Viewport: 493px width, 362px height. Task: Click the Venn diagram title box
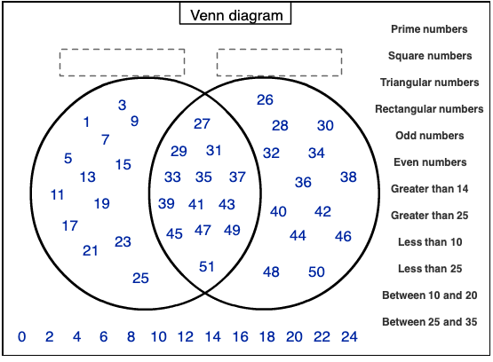235,13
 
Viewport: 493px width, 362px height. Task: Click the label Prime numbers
429,29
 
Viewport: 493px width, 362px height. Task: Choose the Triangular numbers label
430,83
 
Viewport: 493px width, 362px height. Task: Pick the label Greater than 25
430,216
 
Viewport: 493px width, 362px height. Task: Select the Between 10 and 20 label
430,295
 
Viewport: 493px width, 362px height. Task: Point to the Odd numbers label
430,136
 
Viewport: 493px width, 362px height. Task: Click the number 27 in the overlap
202,123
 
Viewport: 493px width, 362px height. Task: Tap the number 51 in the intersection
207,267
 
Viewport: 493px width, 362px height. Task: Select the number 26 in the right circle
265,100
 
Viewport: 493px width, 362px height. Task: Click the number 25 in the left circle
140,279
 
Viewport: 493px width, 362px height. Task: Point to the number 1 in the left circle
86,122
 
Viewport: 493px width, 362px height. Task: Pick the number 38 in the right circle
348,177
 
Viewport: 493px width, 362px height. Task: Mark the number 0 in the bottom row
21,337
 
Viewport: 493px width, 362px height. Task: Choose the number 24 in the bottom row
349,337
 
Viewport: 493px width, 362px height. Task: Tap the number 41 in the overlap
196,205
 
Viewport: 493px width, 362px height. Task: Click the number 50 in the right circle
316,271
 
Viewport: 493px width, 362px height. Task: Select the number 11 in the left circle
57,195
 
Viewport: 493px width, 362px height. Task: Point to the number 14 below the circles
213,337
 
